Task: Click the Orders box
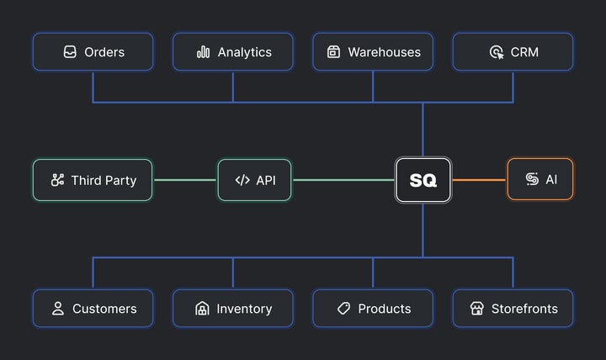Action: pyautogui.click(x=93, y=52)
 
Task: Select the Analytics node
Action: pyautogui.click(x=233, y=52)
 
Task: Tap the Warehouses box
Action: pyautogui.click(x=373, y=52)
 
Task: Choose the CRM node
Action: pyautogui.click(x=513, y=52)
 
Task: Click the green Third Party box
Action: pyautogui.click(x=93, y=180)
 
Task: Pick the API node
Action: pyautogui.click(x=255, y=180)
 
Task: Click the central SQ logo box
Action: pyautogui.click(x=423, y=180)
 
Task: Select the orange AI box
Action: pyautogui.click(x=540, y=180)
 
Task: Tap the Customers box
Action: pyautogui.click(x=93, y=309)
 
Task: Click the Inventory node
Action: pyautogui.click(x=233, y=309)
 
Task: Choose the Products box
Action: pyautogui.click(x=373, y=309)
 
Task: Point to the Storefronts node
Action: pyautogui.click(x=513, y=309)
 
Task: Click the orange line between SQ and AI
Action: pyautogui.click(x=479, y=180)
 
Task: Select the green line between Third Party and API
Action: pyautogui.click(x=185, y=180)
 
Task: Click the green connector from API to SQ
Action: pyautogui.click(x=343, y=180)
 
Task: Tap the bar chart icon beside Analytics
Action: pyautogui.click(x=203, y=52)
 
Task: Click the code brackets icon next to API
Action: pyautogui.click(x=242, y=180)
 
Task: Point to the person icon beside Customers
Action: pyautogui.click(x=58, y=309)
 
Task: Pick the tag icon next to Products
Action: pyautogui.click(x=343, y=309)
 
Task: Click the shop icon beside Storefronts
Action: pyautogui.click(x=476, y=309)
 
